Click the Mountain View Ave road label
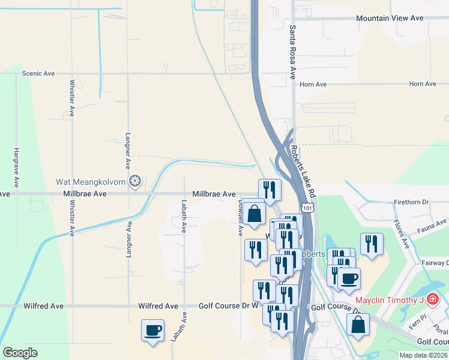coord(390,19)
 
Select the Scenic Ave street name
coord(38,74)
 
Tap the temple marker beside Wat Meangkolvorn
coord(136,181)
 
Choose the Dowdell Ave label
coord(240,217)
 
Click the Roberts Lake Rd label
coord(303,172)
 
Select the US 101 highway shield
coord(307,208)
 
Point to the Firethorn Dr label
coord(411,203)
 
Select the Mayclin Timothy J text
coord(390,300)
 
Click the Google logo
coord(20,353)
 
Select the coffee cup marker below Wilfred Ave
coord(152,329)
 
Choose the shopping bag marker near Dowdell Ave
coord(255,213)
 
